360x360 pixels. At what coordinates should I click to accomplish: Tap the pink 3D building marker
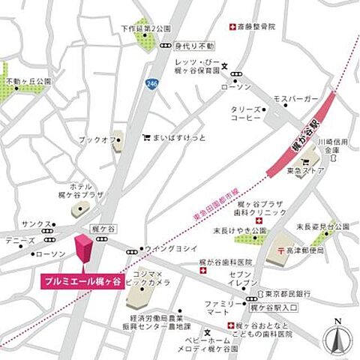click(82, 248)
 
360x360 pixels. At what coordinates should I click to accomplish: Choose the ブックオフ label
click(95, 140)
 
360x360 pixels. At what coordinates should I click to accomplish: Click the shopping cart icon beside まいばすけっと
click(146, 138)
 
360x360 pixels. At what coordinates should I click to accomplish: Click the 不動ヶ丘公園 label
click(27, 80)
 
